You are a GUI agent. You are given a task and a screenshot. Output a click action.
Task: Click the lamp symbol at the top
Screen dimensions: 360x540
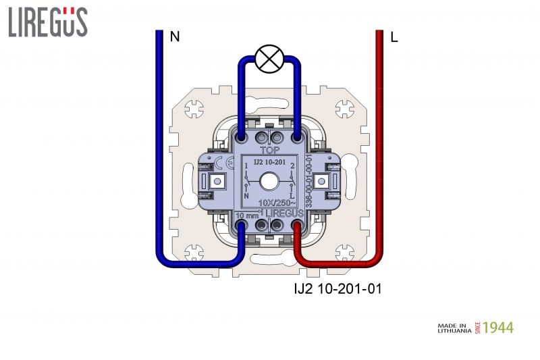pos(269,59)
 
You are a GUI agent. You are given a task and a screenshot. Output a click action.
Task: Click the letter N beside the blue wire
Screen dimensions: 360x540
pos(175,37)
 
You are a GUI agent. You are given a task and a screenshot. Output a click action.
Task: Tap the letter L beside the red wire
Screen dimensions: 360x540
pos(394,38)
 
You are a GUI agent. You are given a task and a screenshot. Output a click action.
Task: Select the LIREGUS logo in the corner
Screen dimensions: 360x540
pos(47,22)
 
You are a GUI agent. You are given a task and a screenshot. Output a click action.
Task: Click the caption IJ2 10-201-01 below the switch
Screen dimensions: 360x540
pos(333,290)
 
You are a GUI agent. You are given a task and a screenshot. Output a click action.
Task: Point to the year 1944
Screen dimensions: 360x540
pos(498,328)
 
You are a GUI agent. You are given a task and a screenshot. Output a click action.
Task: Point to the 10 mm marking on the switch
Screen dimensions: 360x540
pos(248,215)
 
